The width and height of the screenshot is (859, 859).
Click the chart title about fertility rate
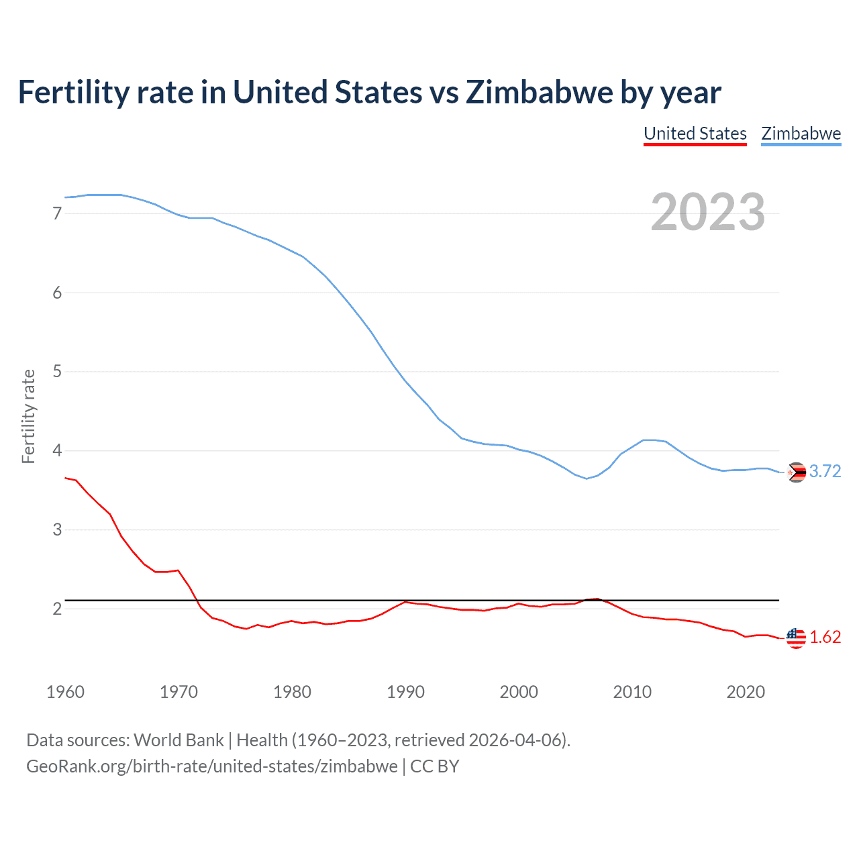(x=369, y=93)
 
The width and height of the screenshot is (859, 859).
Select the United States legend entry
(x=695, y=134)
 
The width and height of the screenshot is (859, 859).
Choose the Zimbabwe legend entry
(x=801, y=134)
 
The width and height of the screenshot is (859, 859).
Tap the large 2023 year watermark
(x=707, y=212)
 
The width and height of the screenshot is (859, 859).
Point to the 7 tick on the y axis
(x=57, y=213)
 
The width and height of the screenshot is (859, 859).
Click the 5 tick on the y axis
(x=57, y=371)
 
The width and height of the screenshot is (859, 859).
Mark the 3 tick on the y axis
(x=57, y=529)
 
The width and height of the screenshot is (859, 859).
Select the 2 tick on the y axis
(x=57, y=609)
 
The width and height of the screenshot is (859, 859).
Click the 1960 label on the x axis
(x=65, y=692)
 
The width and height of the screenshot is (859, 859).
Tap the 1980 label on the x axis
(x=292, y=692)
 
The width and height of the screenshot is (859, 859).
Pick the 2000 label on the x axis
(x=519, y=692)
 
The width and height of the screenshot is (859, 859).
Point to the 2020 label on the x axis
(x=746, y=692)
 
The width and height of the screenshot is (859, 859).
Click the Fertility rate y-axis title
(x=28, y=416)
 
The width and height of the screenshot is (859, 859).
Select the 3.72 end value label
(x=825, y=472)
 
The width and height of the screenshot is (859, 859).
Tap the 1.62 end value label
(x=825, y=638)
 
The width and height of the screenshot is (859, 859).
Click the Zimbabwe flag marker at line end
(x=796, y=472)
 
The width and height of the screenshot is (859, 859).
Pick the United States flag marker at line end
(x=796, y=638)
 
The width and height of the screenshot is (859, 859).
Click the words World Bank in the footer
(x=179, y=740)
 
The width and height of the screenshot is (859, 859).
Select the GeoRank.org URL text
(x=211, y=766)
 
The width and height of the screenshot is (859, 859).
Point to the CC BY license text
(x=435, y=766)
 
